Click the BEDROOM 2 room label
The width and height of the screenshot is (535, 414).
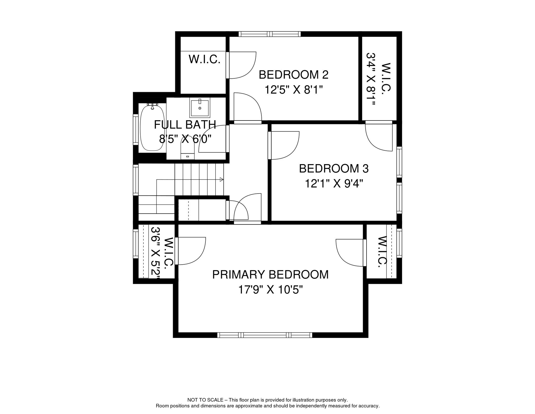tap(294, 75)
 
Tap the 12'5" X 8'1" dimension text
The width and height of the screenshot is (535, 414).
tap(294, 90)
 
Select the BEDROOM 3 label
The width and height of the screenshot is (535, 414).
tap(334, 169)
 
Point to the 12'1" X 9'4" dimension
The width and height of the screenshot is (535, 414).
tap(334, 184)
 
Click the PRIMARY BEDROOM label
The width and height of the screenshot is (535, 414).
tap(270, 275)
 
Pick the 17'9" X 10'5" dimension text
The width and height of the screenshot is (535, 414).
tap(270, 290)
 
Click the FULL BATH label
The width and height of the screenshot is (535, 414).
tap(185, 125)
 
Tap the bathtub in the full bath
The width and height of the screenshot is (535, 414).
tap(152, 128)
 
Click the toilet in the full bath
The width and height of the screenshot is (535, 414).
tap(187, 148)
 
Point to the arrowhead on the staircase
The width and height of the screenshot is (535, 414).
tap(221, 180)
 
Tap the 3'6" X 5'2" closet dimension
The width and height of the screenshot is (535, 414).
tap(155, 253)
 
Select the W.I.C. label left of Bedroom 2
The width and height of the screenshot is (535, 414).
tap(205, 59)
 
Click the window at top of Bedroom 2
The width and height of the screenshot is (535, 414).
tap(270, 34)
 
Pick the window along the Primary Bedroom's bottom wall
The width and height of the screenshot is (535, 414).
tap(265, 335)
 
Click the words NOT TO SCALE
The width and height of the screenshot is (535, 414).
tap(205, 400)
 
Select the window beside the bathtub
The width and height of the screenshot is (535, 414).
tap(136, 130)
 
